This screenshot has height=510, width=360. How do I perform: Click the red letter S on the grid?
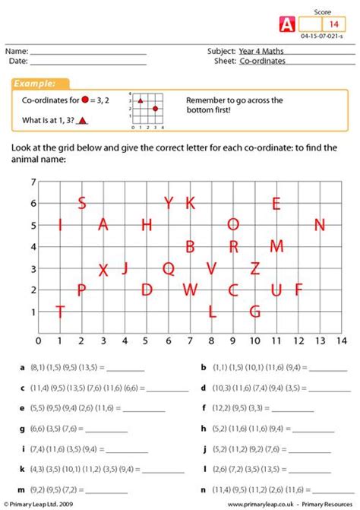tap(82, 203)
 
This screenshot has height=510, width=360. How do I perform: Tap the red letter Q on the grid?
tap(169, 268)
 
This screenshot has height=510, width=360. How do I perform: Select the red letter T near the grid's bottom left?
tap(60, 312)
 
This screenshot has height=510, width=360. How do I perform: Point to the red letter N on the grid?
tap(320, 225)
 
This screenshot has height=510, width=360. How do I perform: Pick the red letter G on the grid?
tap(255, 312)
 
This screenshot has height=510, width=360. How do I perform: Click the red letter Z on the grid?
tap(255, 268)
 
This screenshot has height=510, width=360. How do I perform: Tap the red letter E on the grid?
tap(276, 204)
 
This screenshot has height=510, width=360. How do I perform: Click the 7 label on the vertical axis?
tap(33, 182)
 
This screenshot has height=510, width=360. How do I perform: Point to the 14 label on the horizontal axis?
tap(341, 341)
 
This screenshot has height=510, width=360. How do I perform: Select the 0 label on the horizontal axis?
tap(39, 341)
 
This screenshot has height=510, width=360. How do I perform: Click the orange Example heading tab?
tap(39, 84)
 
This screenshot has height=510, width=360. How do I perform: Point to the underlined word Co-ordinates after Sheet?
tap(264, 61)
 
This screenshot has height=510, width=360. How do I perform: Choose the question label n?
tap(204, 490)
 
